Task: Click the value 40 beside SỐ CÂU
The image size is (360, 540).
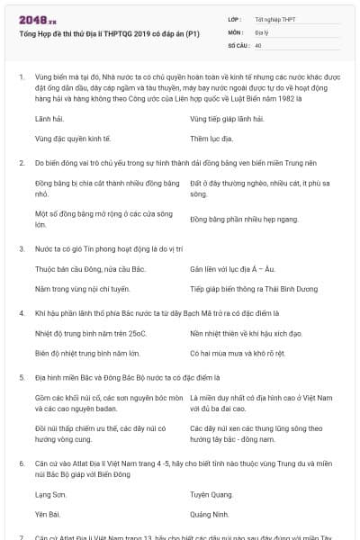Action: [x=258, y=44]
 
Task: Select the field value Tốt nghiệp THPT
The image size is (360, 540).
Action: [x=274, y=18]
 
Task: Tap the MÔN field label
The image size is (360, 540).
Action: [x=235, y=31]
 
